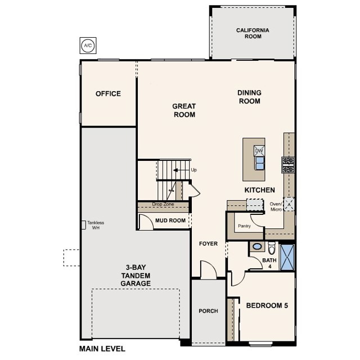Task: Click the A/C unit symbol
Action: coord(87,45)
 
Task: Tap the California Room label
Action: coord(253,33)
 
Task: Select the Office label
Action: coord(108,93)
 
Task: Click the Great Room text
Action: coord(184,110)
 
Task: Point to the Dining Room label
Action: coord(249,97)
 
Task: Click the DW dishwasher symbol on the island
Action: coord(259,151)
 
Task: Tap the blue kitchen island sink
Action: coord(260,163)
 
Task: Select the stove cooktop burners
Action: coord(288,164)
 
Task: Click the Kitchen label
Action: coord(259,190)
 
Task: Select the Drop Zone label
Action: coord(163,204)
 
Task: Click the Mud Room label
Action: coord(170,220)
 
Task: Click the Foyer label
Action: coord(208,244)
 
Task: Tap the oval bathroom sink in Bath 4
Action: coord(256,246)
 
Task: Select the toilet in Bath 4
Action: coord(271,247)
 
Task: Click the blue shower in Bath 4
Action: coord(287,256)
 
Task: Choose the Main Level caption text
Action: coord(103,349)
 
